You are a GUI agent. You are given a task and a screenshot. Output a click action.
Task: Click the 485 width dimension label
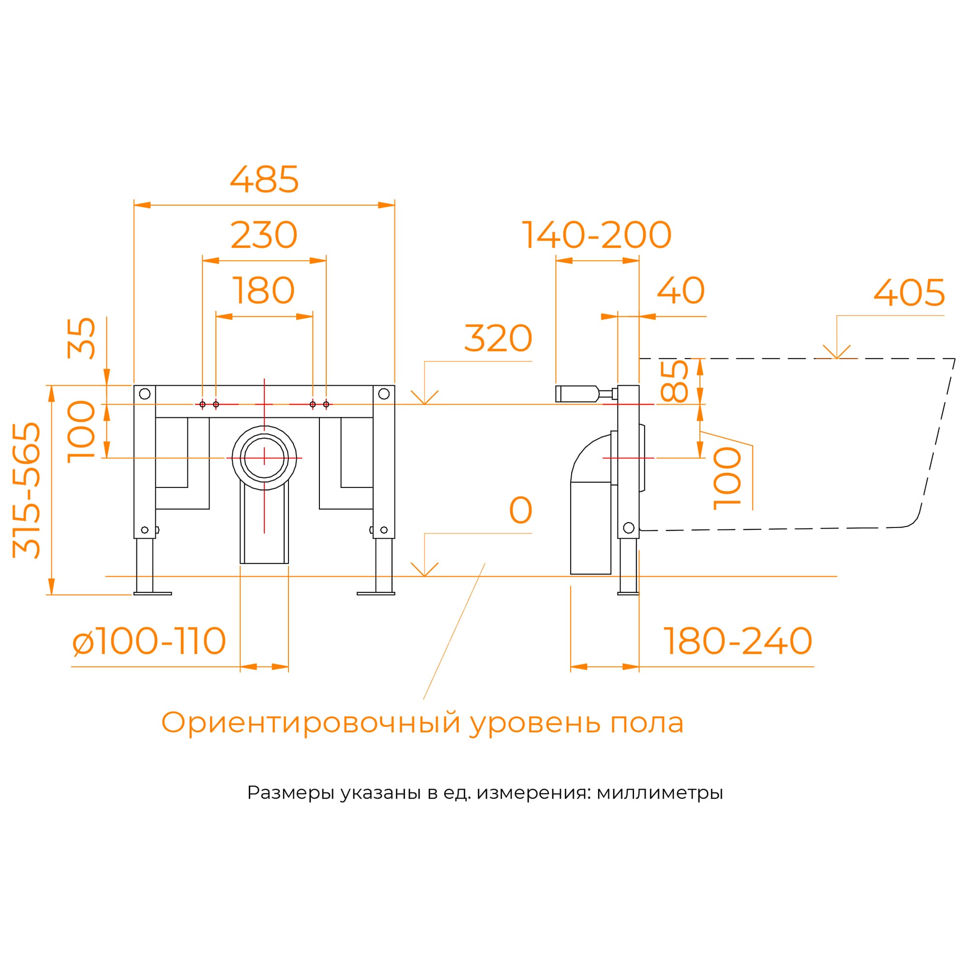[264, 180]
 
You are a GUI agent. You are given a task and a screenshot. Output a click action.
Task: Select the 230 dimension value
[264, 235]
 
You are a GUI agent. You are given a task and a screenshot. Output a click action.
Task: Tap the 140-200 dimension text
[596, 235]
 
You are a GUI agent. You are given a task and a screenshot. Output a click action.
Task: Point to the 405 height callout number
[909, 293]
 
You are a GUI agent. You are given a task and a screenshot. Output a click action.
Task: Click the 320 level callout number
[498, 339]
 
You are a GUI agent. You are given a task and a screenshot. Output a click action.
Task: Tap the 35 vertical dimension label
[81, 338]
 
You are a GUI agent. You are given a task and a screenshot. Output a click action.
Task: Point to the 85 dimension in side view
[674, 382]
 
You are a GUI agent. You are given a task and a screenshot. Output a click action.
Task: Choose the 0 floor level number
[520, 511]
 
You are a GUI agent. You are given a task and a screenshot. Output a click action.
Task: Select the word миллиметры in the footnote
[659, 793]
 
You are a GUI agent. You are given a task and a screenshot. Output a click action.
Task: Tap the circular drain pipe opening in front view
[264, 458]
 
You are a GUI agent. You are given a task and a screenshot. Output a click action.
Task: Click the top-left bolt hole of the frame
[145, 394]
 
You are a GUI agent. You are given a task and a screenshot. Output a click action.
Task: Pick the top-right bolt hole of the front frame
[384, 394]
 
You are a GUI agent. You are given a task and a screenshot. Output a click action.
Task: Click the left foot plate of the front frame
[152, 594]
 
